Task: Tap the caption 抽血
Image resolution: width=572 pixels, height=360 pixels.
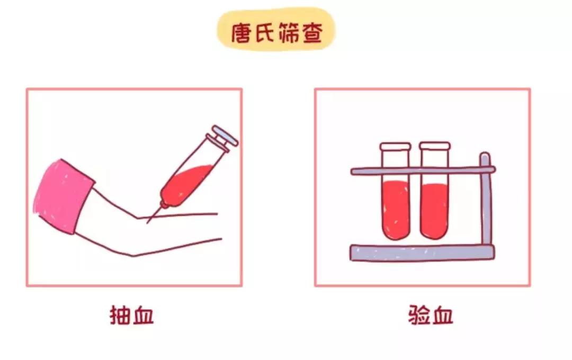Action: coord(131,316)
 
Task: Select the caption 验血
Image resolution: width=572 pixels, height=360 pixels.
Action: coord(431,316)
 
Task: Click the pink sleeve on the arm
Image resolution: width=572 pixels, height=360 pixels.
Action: coord(61,195)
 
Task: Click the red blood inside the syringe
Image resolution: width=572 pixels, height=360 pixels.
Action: coord(185,183)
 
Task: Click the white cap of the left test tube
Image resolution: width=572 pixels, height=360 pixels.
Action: coord(395,146)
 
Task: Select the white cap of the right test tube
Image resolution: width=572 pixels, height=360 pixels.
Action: coord(434,146)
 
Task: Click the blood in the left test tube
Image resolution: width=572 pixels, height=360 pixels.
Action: coord(395,209)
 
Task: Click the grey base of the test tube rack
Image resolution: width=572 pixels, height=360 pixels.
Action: coord(421,253)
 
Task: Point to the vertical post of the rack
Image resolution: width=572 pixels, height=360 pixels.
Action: coord(486,206)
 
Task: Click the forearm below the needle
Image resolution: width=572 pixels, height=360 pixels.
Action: coord(175,233)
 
